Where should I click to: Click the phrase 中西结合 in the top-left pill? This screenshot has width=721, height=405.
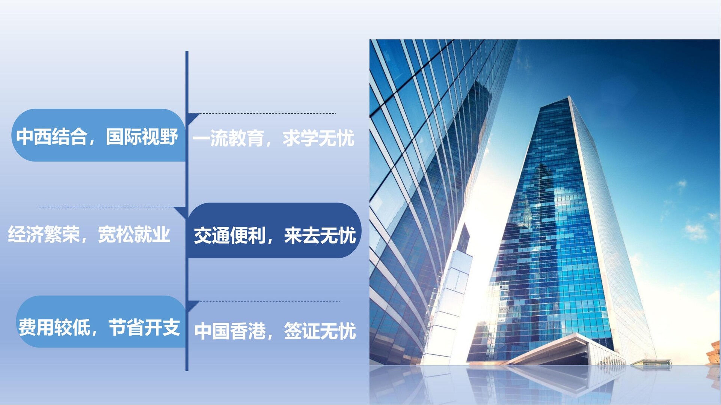52,136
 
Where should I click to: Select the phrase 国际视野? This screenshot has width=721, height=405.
142,136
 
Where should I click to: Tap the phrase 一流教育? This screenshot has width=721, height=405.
228,138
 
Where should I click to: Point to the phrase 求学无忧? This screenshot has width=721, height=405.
318,138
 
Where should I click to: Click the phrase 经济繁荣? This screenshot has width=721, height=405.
44,235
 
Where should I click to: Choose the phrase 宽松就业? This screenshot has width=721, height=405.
134,235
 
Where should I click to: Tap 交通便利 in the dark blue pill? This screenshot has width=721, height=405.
230,236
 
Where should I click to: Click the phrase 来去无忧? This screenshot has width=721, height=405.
320,236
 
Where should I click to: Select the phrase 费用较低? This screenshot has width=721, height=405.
54,328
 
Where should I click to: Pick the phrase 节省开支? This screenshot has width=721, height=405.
145,328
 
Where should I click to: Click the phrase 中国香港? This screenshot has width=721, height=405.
230,331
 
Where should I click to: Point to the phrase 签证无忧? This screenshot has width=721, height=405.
320,331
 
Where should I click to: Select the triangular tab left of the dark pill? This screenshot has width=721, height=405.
181,212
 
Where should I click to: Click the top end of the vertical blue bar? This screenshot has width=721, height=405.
187,52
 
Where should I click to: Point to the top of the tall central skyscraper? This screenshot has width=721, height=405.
569,97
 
